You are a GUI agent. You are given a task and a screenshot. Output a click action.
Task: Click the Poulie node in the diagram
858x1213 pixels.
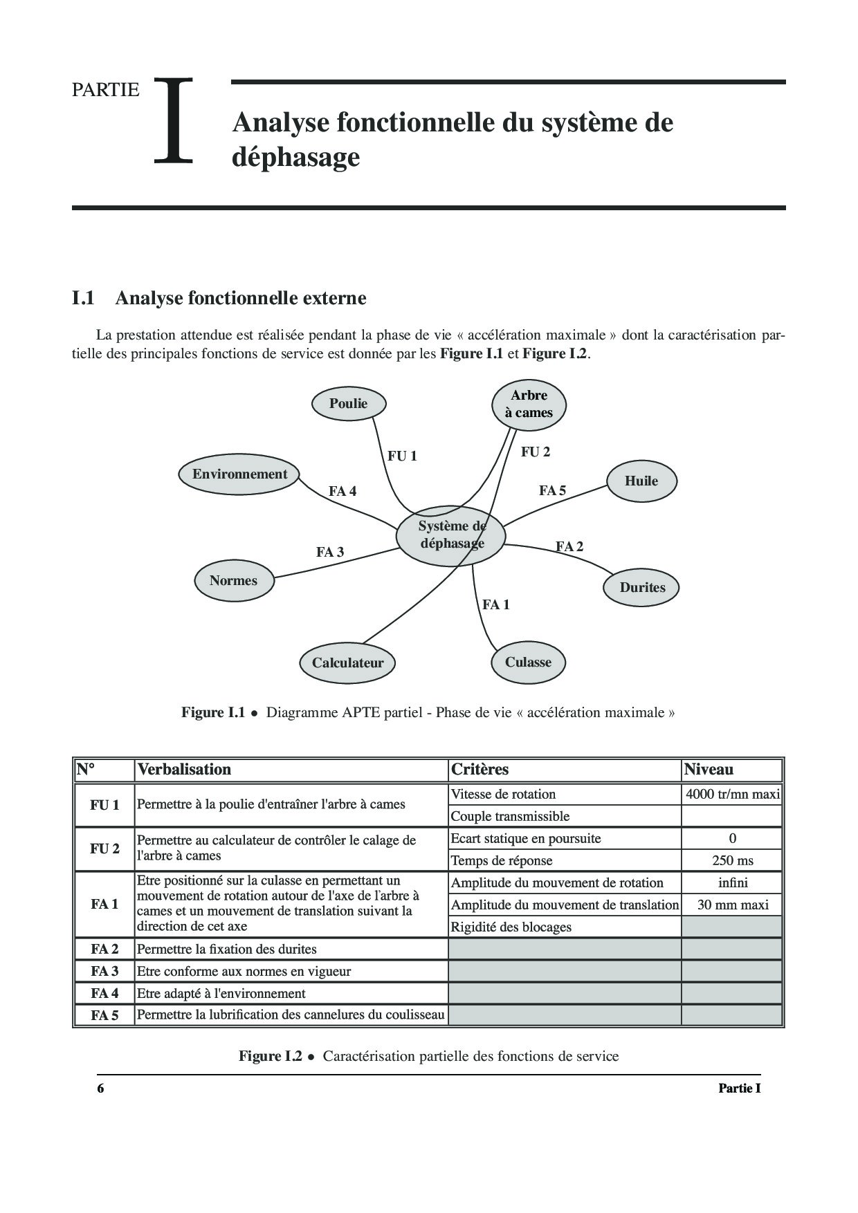click(x=348, y=404)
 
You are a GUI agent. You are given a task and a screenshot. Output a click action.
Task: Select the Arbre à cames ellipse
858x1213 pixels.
click(x=529, y=404)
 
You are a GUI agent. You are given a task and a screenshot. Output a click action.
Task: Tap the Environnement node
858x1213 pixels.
click(x=239, y=474)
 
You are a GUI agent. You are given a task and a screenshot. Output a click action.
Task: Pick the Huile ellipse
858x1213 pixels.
click(x=641, y=481)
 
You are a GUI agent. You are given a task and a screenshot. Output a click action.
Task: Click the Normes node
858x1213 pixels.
click(x=233, y=581)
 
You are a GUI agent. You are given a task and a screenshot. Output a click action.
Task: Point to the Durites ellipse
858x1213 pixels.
click(x=642, y=588)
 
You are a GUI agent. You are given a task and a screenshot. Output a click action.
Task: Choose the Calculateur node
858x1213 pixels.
click(x=347, y=663)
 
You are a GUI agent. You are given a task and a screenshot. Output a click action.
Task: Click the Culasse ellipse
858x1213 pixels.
click(x=528, y=663)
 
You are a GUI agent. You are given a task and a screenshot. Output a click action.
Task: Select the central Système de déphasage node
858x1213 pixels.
click(x=451, y=535)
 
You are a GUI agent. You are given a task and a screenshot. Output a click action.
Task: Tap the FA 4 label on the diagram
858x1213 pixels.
click(x=343, y=492)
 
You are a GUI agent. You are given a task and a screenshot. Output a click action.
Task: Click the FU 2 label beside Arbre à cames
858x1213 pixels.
click(x=536, y=452)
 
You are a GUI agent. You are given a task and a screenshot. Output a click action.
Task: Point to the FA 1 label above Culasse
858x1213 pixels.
click(x=496, y=605)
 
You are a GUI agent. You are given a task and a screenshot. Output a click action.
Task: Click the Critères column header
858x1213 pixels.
click(x=480, y=769)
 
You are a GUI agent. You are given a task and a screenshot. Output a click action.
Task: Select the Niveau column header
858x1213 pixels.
click(x=709, y=769)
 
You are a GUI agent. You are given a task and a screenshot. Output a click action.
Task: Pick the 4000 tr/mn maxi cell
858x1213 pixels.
click(x=733, y=794)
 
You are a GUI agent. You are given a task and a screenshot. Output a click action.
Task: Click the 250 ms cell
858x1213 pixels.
click(x=733, y=860)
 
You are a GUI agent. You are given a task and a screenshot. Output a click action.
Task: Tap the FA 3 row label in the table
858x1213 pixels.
click(x=104, y=971)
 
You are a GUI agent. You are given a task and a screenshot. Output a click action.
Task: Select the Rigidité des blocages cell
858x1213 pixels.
click(x=511, y=927)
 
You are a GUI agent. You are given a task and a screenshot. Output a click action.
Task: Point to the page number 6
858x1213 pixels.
click(x=100, y=1088)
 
